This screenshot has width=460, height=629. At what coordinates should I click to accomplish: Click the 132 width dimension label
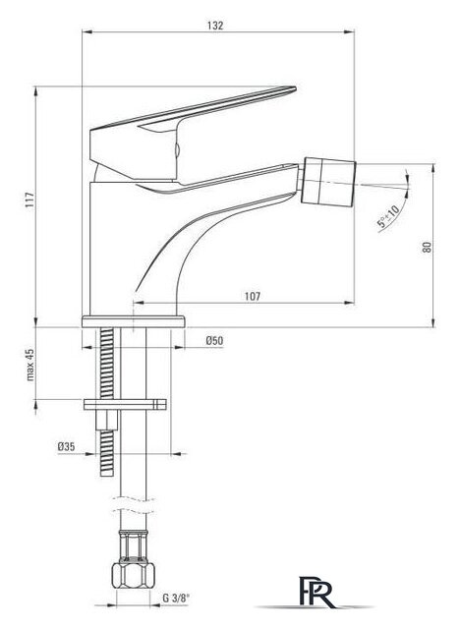[215, 26]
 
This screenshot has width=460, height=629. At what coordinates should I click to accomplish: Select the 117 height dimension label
[29, 200]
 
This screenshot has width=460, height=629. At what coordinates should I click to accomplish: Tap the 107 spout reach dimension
[253, 296]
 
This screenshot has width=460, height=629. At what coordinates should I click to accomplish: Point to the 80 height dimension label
[428, 247]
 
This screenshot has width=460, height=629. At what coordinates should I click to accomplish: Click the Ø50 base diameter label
[214, 341]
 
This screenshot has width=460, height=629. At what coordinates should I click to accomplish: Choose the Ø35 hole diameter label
[66, 446]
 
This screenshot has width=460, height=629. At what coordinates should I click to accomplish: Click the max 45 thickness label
[30, 365]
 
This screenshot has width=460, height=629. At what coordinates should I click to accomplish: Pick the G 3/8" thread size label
[176, 599]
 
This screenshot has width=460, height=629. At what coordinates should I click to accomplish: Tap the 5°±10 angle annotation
[388, 215]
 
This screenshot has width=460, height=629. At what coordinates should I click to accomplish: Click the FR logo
[316, 592]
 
